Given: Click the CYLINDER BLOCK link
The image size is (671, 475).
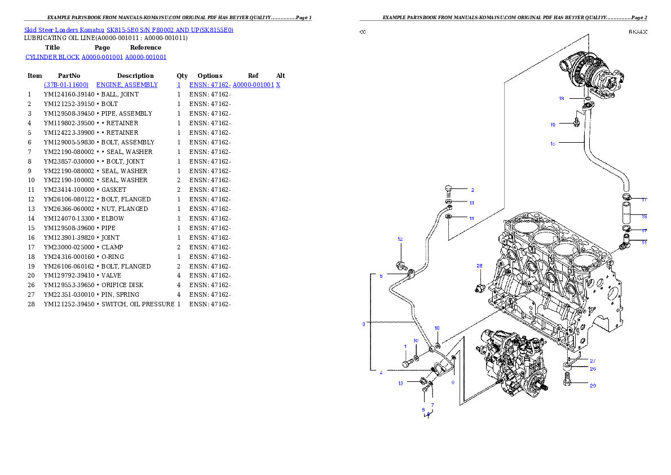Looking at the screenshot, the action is (52, 57).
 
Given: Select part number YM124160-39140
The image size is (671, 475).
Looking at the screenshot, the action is (69, 94).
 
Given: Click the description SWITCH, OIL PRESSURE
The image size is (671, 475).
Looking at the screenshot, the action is (138, 304).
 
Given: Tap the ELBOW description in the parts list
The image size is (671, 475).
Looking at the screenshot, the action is (113, 218).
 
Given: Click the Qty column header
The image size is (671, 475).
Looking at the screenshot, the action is (182, 76).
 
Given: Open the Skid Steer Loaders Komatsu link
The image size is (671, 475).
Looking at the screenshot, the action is (64, 30).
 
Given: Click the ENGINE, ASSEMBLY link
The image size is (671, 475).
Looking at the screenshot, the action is (127, 85).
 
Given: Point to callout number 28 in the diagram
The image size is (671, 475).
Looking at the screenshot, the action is (479, 266).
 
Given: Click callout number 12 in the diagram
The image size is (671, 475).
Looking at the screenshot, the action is (400, 239).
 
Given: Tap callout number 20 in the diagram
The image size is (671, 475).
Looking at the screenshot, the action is (593, 385).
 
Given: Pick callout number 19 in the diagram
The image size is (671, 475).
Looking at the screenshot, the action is (553, 125).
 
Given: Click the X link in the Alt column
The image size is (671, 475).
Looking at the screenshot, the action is (278, 85).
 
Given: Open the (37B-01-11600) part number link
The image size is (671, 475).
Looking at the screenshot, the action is (67, 85).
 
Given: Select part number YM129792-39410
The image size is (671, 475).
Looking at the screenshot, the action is (69, 275).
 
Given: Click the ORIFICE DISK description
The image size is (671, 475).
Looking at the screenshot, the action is (122, 285).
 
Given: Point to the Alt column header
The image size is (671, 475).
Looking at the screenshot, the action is (280, 76).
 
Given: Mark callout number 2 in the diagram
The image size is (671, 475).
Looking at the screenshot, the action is (473, 190).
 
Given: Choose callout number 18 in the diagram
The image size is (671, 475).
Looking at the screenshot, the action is (562, 98).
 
